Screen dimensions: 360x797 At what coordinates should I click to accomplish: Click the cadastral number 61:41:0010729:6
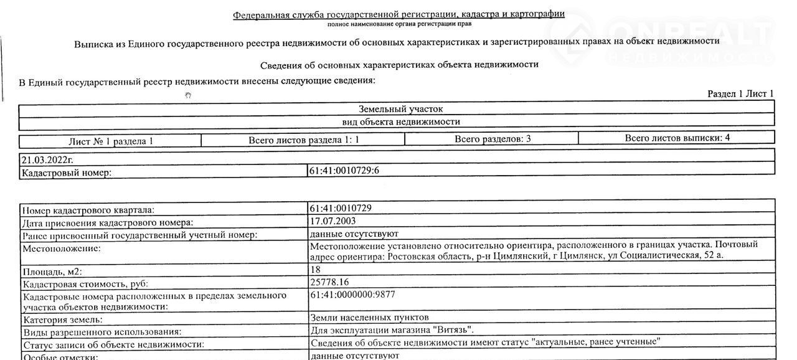pyautogui.click(x=344, y=171)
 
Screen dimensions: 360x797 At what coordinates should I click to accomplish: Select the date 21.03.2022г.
pyautogui.click(x=47, y=159)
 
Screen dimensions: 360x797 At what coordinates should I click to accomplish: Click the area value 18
pyautogui.click(x=315, y=270)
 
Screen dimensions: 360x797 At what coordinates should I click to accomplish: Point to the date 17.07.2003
pyautogui.click(x=333, y=221)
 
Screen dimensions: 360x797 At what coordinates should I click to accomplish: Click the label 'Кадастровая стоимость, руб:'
pyautogui.click(x=85, y=284)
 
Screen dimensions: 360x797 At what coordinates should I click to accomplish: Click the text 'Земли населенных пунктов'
pyautogui.click(x=369, y=318)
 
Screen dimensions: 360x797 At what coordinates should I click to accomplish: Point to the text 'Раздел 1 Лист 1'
pyautogui.click(x=740, y=94)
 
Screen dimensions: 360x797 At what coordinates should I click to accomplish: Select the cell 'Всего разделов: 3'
pyautogui.click(x=492, y=139)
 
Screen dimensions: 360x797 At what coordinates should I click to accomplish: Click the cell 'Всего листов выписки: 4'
pyautogui.click(x=677, y=138)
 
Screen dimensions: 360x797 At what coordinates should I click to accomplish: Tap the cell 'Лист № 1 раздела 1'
pyautogui.click(x=110, y=141)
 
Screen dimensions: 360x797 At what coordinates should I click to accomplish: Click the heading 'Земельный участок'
pyautogui.click(x=400, y=109)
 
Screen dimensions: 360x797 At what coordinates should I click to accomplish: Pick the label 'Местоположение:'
pyautogui.click(x=61, y=249)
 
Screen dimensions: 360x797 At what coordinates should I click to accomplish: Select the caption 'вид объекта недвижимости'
pyautogui.click(x=401, y=122)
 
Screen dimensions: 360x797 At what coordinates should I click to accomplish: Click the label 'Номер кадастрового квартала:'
pyautogui.click(x=88, y=211)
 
